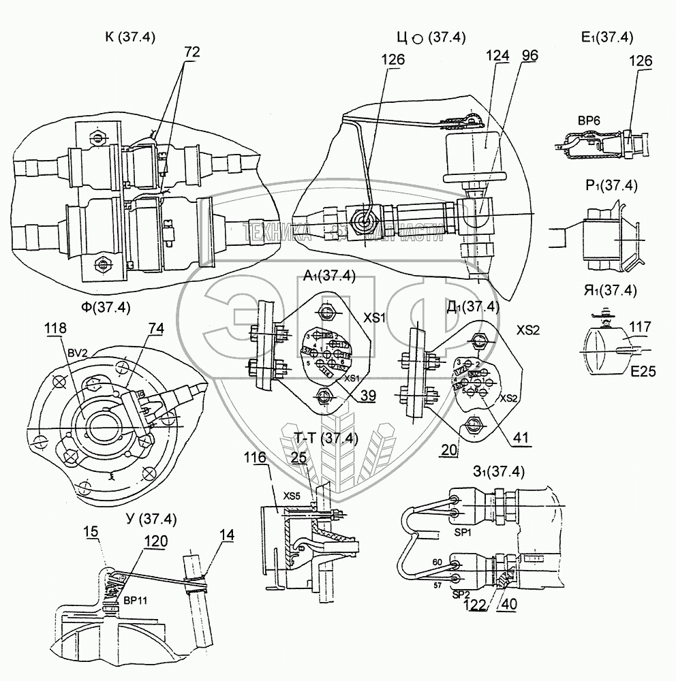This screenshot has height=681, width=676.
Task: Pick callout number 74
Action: coord(156,328)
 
